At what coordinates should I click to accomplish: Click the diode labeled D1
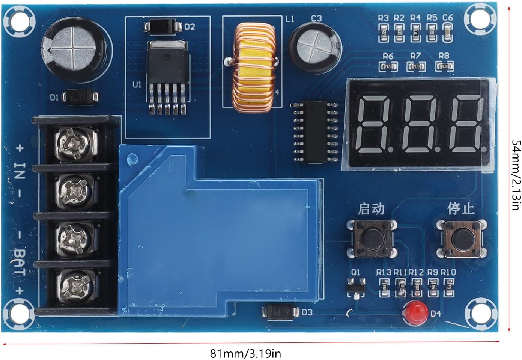pos(80,97)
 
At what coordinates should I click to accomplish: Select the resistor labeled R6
pos(388,67)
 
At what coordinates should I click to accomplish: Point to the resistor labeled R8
pos(444,67)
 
